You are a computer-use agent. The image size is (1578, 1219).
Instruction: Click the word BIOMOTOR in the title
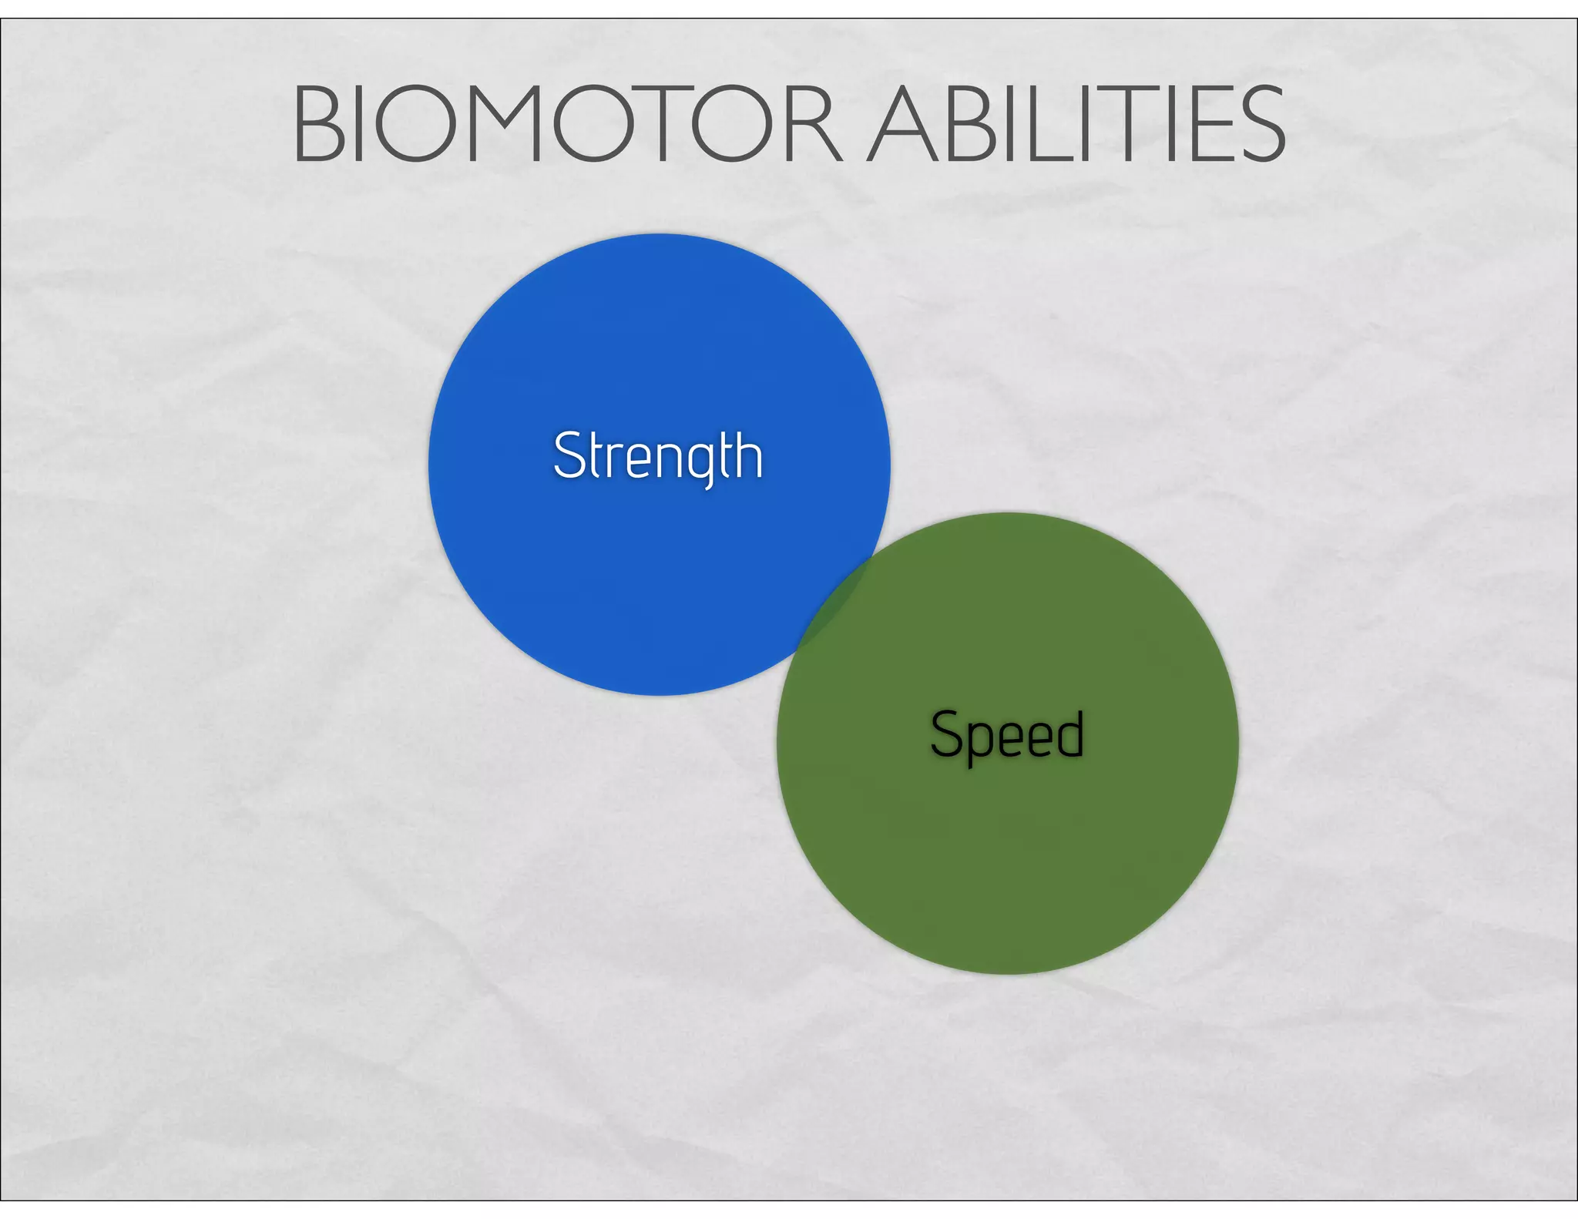(x=568, y=125)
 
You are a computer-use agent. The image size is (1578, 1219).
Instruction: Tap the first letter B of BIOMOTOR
(x=319, y=125)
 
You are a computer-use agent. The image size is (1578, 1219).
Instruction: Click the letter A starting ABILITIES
(x=901, y=125)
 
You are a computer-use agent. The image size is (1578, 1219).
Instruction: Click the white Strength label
(x=658, y=456)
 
